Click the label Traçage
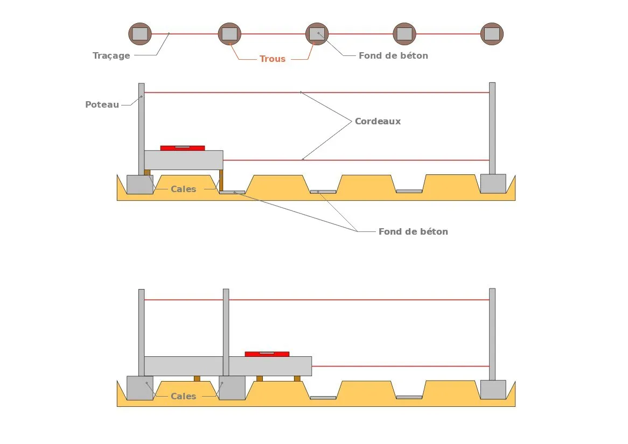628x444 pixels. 111,55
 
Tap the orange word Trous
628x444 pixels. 273,59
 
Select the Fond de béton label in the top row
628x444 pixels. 393,55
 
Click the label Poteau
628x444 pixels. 102,104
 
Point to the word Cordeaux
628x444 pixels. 378,121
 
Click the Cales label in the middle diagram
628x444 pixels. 183,189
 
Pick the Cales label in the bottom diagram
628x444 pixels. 183,396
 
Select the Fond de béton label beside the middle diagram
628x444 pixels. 413,231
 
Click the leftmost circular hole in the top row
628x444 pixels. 140,34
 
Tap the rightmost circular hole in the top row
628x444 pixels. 492,34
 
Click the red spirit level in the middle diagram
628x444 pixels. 183,148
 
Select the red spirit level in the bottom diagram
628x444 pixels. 267,354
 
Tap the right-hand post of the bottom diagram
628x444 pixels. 492,334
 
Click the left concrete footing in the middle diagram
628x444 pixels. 139,184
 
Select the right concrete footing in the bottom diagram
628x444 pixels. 493,389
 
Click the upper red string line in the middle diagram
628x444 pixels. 317,93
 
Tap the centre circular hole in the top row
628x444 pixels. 317,34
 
